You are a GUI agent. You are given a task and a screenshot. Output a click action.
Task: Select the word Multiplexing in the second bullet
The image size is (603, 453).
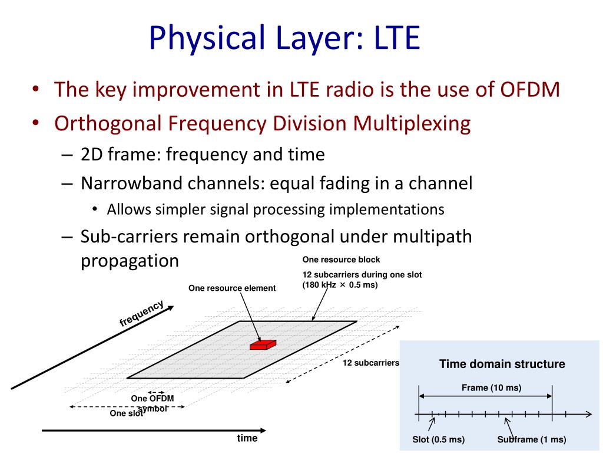412,123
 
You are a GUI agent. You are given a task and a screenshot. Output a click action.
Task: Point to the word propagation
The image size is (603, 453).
129,260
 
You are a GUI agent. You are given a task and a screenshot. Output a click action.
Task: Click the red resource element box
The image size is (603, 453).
263,344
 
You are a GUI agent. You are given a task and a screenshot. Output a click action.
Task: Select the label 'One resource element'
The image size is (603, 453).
232,288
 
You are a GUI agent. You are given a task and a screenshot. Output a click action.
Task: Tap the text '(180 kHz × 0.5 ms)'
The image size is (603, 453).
340,285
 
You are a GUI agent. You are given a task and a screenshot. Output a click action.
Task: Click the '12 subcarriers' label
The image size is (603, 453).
371,363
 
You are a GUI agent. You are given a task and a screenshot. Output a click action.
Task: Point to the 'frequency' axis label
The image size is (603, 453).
141,313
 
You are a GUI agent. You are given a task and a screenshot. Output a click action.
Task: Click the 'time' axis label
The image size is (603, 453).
247,438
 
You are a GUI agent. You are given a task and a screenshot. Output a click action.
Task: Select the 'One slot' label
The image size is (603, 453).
127,413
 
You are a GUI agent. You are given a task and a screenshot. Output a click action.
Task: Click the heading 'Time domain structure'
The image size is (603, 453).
502,364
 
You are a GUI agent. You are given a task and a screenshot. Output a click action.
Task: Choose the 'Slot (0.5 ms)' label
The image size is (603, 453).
438,439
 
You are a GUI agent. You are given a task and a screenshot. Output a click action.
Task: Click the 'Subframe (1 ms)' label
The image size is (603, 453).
531,439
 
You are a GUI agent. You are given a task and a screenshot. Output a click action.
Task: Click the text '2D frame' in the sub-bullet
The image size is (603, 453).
120,155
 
